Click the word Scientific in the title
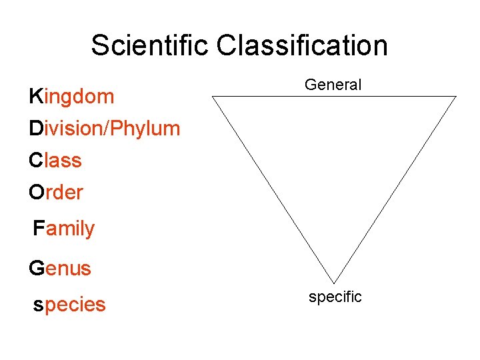151,46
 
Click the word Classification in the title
302,46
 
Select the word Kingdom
71,97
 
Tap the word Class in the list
55,161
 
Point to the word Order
56,193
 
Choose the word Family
64,229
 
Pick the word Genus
59,269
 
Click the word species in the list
69,305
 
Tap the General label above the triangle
333,85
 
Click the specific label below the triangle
335,297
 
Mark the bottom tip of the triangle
333,283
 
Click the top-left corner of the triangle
213,97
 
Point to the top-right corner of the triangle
456,97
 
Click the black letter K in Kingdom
35,97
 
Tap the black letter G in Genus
36,269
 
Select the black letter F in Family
39,229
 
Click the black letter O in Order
36,193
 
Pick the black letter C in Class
35,161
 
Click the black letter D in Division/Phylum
35,129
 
